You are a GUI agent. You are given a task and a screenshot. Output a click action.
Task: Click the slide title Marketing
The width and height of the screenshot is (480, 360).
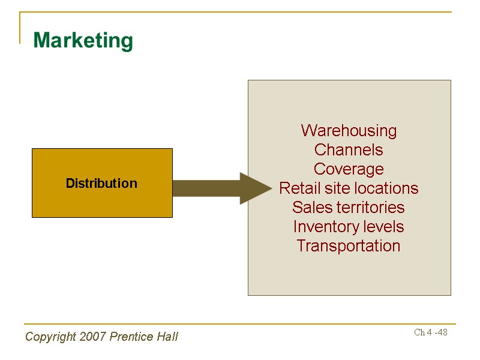[83, 41]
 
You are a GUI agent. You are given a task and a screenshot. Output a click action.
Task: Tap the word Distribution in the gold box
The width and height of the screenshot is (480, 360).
[101, 183]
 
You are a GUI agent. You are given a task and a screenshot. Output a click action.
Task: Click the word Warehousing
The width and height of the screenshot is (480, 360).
[349, 131]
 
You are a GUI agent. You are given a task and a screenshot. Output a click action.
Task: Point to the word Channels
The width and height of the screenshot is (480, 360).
[349, 150]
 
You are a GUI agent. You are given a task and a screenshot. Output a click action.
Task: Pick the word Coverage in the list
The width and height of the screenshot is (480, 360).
[349, 169]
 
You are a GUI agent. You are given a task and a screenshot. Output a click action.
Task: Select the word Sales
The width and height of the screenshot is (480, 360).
[313, 208]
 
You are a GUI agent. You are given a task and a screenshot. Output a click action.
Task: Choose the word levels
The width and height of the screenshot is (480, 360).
[385, 227]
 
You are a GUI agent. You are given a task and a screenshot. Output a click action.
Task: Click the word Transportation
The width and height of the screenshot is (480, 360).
[349, 246]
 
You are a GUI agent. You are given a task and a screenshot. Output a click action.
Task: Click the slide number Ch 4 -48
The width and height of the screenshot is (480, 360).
[431, 332]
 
